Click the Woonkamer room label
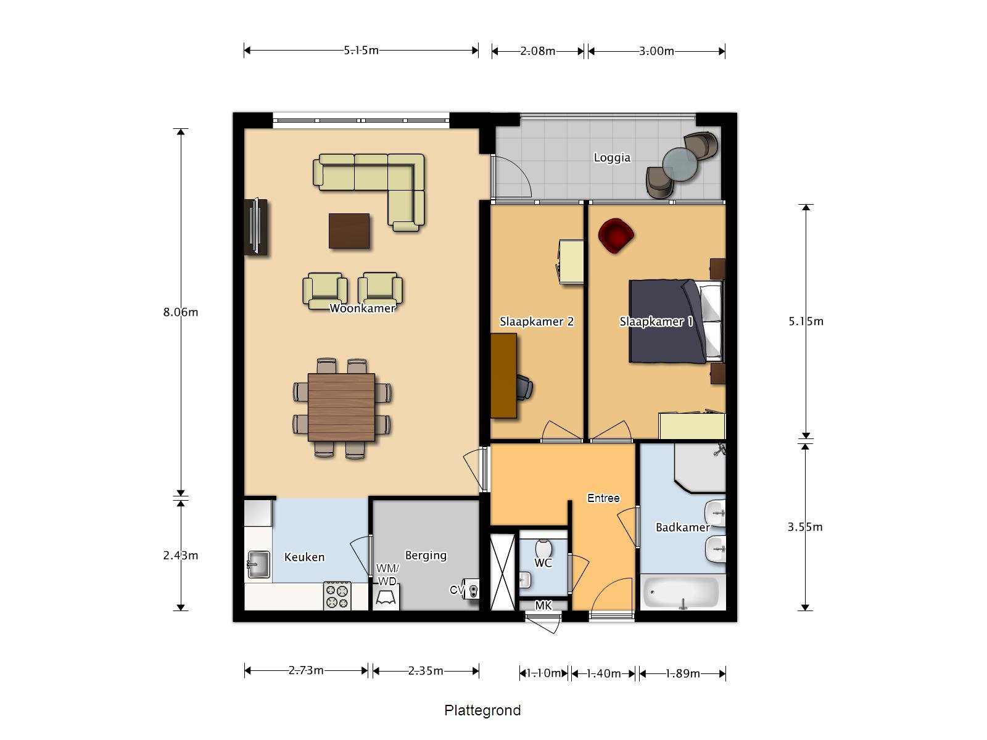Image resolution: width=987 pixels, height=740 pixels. (362, 308)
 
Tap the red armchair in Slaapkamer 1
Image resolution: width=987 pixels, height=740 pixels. (616, 235)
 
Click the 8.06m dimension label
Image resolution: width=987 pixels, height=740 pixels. (180, 312)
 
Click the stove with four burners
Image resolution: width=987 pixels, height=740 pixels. (337, 596)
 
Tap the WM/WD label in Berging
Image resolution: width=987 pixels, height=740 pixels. (387, 575)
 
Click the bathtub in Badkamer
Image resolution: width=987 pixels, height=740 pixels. (682, 593)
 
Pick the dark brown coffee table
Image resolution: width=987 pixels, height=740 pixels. (349, 231)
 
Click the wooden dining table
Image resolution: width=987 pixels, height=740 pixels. (341, 407)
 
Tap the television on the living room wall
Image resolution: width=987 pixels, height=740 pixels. (255, 226)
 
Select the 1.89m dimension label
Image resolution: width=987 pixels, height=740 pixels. (683, 673)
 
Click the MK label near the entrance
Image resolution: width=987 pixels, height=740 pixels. (543, 606)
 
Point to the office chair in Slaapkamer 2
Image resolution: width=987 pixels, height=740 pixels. (524, 388)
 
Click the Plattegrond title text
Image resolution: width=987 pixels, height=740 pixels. (482, 710)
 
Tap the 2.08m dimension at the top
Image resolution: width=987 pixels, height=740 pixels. (537, 51)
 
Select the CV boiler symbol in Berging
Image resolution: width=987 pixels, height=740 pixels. (473, 590)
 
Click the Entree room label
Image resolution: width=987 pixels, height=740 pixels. (603, 498)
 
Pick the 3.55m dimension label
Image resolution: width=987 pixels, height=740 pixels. (804, 527)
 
